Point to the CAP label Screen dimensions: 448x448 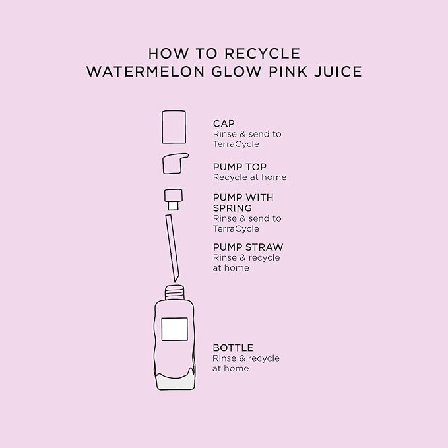(224, 123)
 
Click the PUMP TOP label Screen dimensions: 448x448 (240, 167)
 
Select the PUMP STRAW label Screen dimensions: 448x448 (247, 247)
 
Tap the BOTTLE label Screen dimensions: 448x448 (232, 348)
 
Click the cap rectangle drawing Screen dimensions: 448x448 (174, 126)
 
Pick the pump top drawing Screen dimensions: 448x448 (175, 163)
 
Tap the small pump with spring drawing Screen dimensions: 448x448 (173, 197)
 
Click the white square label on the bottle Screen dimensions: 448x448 (174, 329)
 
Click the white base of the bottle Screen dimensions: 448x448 (174, 380)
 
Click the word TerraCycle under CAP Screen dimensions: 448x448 (236, 144)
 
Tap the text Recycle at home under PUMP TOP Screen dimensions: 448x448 (249, 177)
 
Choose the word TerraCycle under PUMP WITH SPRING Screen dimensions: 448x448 (236, 228)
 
